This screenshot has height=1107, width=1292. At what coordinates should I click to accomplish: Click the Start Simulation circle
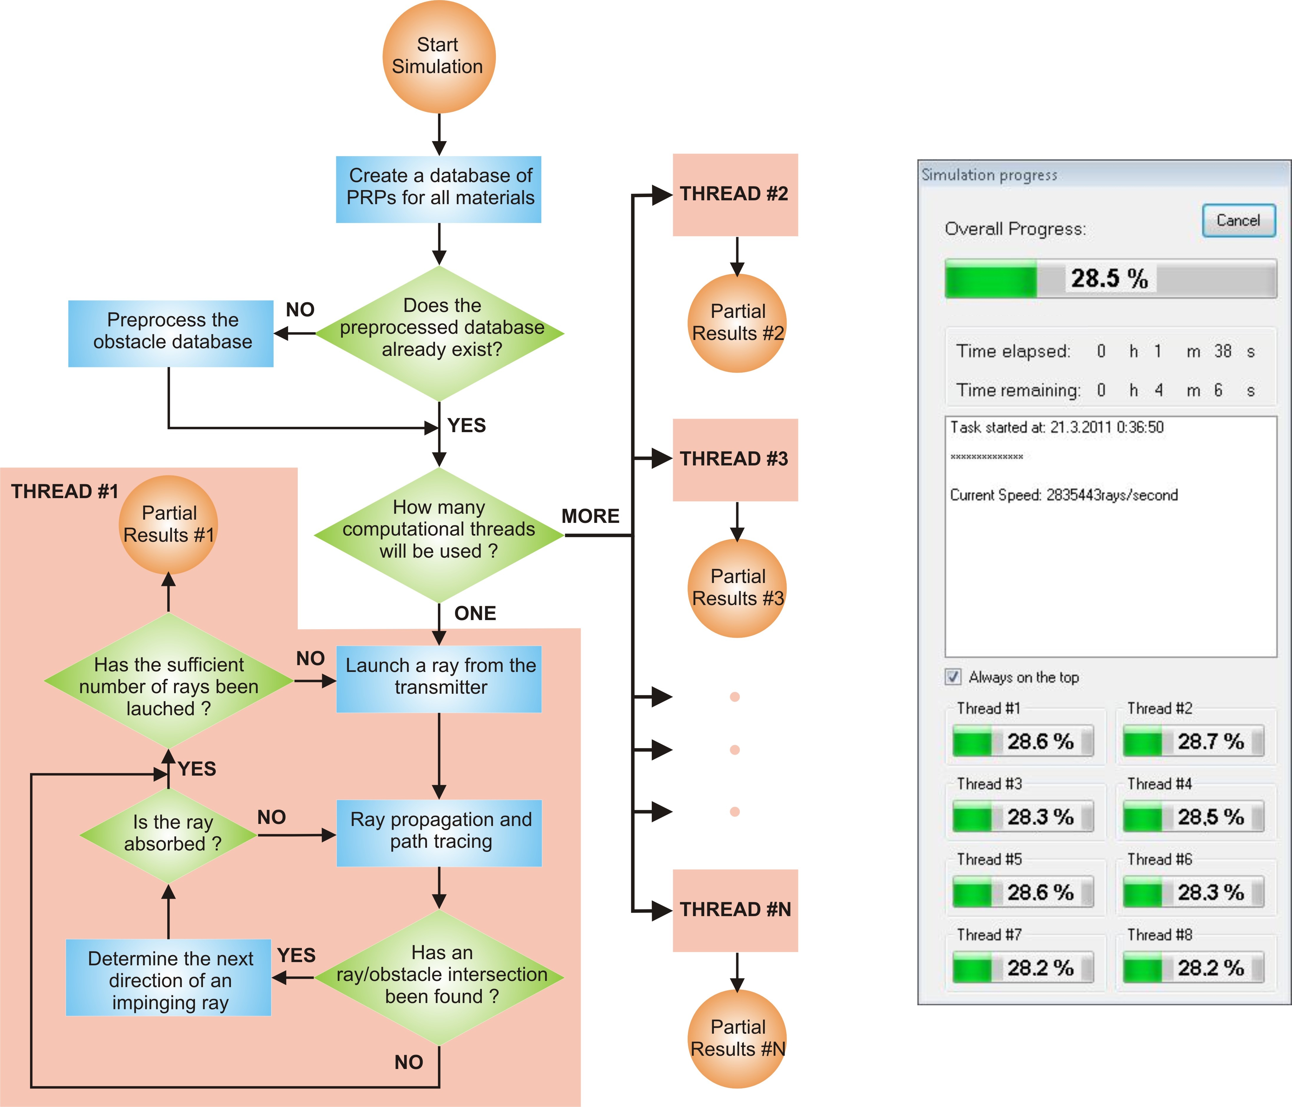click(439, 57)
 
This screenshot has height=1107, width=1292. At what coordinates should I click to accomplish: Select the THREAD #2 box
click(735, 195)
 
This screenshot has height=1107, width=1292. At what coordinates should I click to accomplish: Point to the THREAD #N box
click(735, 910)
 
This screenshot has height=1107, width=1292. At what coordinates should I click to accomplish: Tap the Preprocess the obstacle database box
click(171, 334)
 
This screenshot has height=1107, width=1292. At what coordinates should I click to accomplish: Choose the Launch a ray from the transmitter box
click(439, 679)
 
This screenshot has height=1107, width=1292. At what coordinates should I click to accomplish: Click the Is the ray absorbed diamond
click(168, 835)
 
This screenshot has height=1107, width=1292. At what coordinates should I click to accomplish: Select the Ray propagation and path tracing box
click(439, 833)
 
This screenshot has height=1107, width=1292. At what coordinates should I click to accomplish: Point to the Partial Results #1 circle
click(168, 525)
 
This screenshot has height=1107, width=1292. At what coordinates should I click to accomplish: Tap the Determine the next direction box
click(168, 977)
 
